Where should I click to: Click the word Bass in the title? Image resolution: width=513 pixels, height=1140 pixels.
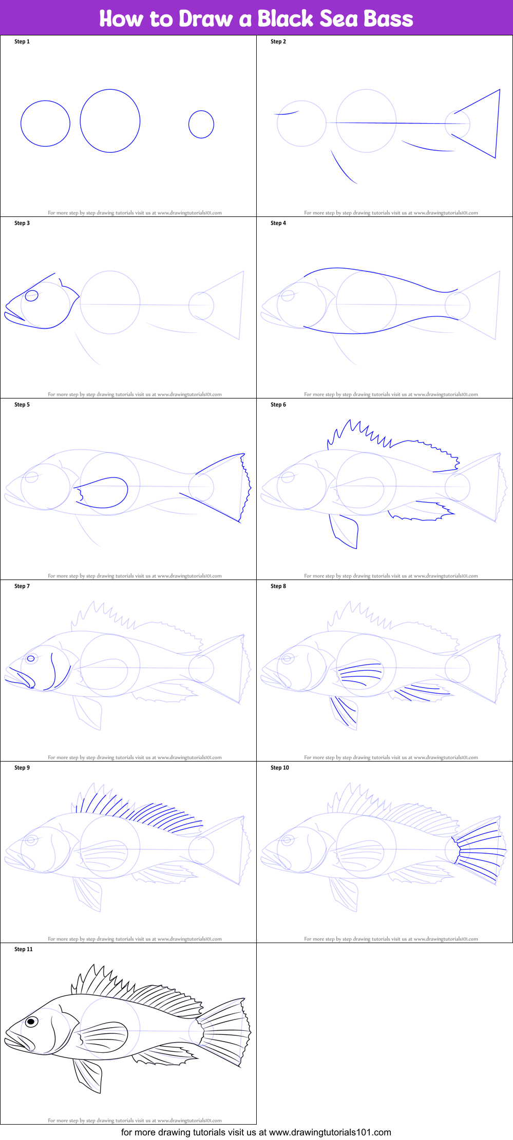[388, 18]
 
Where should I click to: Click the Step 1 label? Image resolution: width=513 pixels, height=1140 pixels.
[22, 42]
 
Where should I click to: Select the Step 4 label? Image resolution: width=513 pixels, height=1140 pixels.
[278, 223]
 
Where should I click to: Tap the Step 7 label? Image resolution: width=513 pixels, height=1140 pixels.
[22, 586]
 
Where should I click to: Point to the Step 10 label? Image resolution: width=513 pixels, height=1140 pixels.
[280, 768]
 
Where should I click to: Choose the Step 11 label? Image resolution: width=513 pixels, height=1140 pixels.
[24, 949]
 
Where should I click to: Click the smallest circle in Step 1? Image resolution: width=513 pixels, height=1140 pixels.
[201, 124]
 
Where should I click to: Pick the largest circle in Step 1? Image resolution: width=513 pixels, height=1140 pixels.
[110, 121]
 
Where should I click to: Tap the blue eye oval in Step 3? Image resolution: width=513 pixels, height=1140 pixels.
[32, 296]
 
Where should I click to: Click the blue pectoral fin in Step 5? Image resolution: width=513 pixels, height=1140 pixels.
[103, 492]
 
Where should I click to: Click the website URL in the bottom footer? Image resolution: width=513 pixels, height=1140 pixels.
[330, 1132]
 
